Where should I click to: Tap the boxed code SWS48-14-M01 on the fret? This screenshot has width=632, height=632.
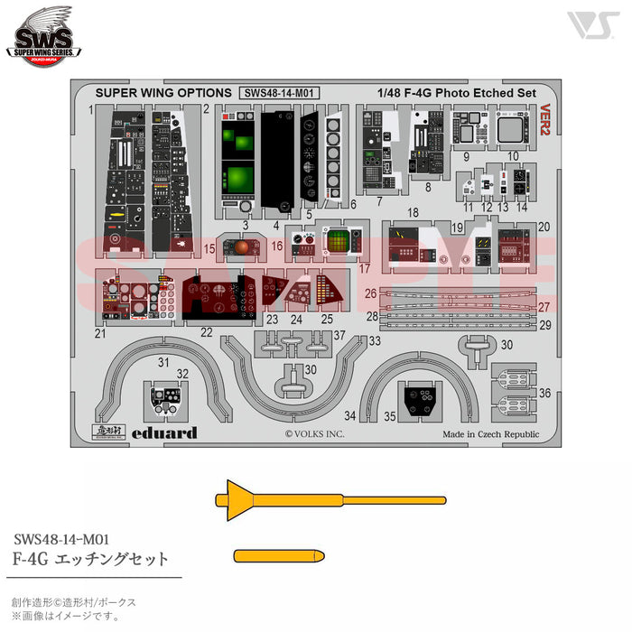click(281, 91)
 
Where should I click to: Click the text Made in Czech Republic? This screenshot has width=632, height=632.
click(490, 434)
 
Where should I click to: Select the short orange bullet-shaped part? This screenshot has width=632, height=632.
click(276, 554)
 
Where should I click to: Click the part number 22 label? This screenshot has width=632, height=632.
click(206, 332)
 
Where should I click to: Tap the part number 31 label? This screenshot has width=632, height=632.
click(163, 362)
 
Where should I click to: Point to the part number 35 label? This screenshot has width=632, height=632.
click(390, 415)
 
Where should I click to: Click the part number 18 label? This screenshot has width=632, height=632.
click(413, 212)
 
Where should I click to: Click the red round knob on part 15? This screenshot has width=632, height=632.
click(246, 246)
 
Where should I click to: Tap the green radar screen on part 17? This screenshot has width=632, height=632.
click(338, 242)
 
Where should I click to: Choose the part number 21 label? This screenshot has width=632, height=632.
click(100, 333)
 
